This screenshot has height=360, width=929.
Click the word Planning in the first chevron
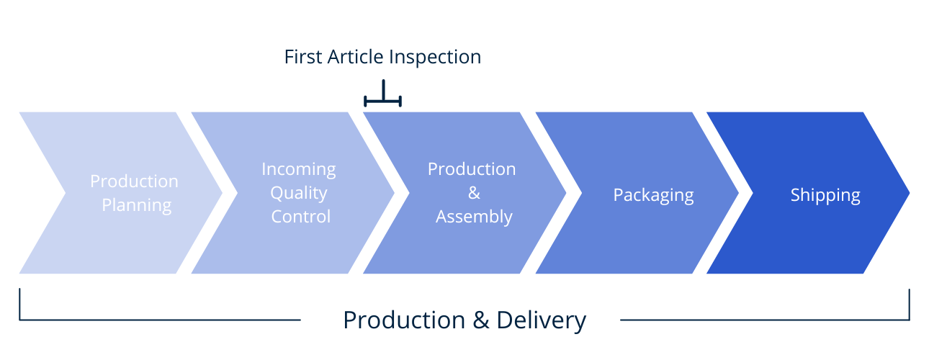pos(136,206)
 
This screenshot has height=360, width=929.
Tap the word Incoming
pos(299,170)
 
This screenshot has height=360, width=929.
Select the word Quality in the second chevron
pos(299,193)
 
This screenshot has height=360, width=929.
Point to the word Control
pos(301,217)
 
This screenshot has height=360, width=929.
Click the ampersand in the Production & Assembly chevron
pos(474,193)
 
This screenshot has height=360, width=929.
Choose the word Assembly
pos(474,217)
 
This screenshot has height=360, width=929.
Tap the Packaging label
pos(653,195)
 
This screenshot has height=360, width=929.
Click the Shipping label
pos(825,195)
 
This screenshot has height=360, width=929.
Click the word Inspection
pos(435,58)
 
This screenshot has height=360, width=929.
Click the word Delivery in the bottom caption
pos(542,320)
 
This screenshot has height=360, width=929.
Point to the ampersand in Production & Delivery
pos(480,320)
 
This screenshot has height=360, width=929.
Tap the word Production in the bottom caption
pos(404,320)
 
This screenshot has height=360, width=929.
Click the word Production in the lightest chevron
pos(134,181)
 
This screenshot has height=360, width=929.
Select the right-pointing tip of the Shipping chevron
pos(910,193)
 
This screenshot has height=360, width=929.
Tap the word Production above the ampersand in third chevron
pos(472,169)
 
